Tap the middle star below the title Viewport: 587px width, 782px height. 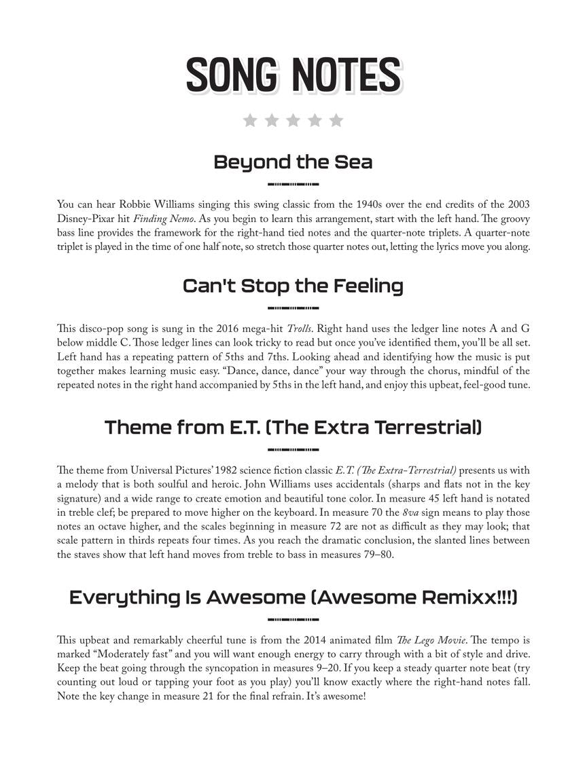tap(293, 121)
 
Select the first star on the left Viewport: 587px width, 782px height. tap(250, 121)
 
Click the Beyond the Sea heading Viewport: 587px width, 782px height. tap(293, 162)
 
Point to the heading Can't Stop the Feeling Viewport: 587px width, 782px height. tap(293, 286)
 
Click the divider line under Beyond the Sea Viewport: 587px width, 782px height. tap(293, 184)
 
